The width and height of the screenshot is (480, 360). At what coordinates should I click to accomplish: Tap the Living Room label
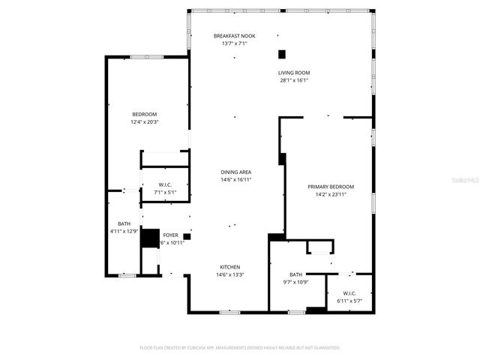click(x=294, y=73)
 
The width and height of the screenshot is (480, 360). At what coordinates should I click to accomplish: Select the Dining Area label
click(x=235, y=172)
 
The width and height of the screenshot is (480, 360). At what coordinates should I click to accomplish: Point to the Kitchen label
click(x=229, y=267)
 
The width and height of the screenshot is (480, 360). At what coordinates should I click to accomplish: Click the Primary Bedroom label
click(x=331, y=187)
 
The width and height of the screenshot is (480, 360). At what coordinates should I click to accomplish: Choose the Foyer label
click(x=171, y=235)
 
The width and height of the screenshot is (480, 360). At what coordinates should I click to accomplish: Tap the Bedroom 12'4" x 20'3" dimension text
click(x=145, y=121)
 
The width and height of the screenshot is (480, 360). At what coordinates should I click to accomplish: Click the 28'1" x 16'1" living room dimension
click(x=294, y=80)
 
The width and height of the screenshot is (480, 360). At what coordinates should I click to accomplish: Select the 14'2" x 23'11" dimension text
click(x=331, y=194)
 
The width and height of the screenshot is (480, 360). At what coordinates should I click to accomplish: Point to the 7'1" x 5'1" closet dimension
click(x=165, y=192)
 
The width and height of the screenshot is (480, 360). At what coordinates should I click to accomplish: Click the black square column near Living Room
click(x=282, y=53)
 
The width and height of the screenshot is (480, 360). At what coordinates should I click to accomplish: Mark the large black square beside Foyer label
click(x=150, y=237)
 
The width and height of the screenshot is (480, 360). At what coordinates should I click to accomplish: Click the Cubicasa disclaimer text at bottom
click(x=240, y=348)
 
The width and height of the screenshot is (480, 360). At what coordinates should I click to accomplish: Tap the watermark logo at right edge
click(x=467, y=180)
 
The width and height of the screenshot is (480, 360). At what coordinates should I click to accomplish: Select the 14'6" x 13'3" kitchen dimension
click(x=229, y=274)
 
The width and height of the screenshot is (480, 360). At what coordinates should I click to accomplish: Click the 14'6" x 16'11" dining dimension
click(x=235, y=180)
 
